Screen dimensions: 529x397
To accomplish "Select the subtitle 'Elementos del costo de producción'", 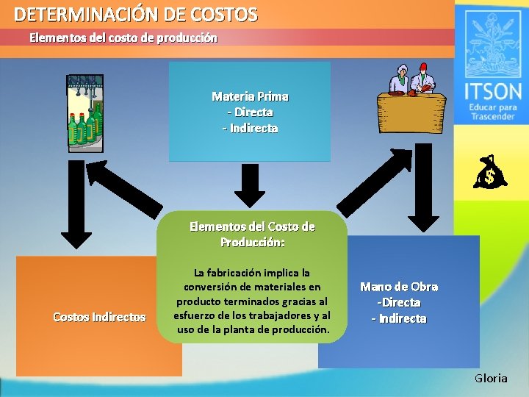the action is [123, 37].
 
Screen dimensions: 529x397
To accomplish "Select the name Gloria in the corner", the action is [490, 378].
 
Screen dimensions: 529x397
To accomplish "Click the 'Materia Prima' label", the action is [250, 96].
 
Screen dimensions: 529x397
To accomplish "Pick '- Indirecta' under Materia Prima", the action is [250, 128].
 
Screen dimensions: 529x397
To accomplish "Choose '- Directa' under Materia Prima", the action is [250, 112].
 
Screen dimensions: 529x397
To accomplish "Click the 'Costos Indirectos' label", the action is [99, 317].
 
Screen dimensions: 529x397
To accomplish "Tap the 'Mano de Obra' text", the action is [399, 287].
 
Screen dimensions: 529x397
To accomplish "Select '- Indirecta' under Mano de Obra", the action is [399, 318].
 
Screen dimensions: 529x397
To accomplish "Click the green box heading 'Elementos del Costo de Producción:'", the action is [252, 234].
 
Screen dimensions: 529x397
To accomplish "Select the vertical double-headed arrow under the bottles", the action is [76, 202].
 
